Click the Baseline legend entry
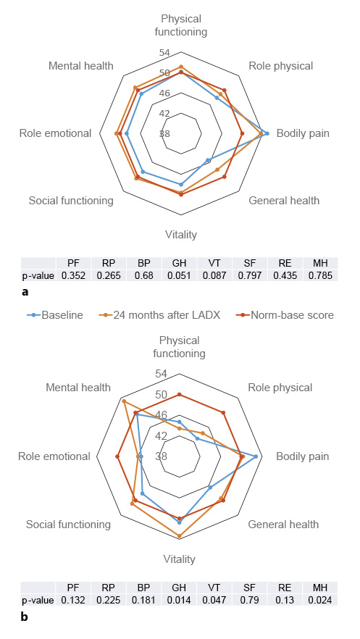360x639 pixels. click(61, 314)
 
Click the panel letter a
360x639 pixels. click(26, 292)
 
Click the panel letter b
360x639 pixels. click(25, 617)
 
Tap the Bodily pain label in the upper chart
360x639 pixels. click(303, 133)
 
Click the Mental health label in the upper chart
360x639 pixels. click(81, 66)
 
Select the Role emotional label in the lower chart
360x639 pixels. click(55, 456)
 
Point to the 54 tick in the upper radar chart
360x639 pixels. click(165, 53)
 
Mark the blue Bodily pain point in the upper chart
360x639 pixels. click(267, 133)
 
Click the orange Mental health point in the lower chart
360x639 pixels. click(124, 401)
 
